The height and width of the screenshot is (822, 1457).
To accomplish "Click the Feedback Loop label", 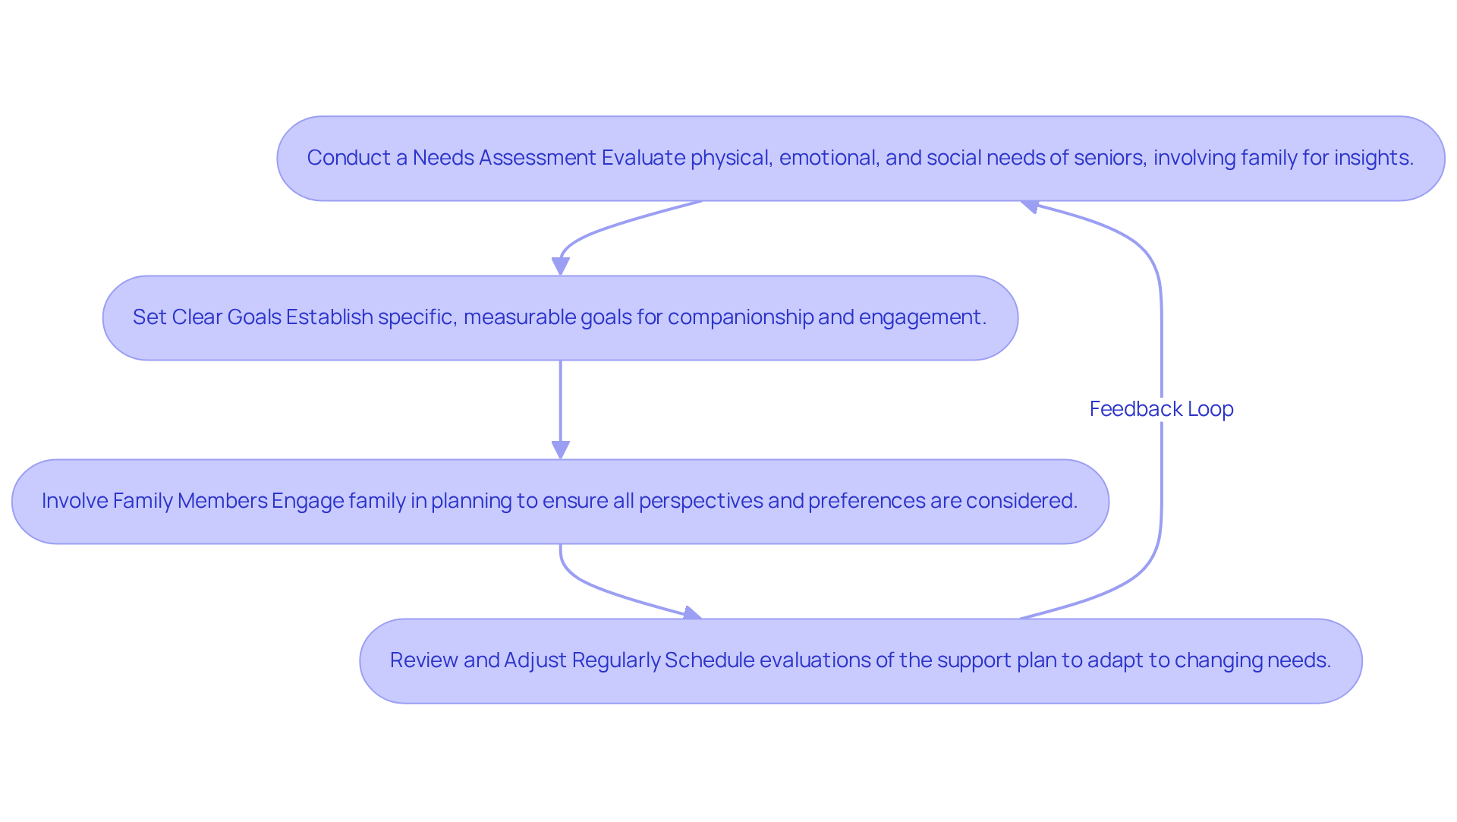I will tap(1161, 409).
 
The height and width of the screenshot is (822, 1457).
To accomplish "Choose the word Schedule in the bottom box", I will tap(710, 660).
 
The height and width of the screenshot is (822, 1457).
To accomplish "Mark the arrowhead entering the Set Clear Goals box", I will tap(561, 266).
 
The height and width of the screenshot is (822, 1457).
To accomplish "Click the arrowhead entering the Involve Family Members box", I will tap(561, 450).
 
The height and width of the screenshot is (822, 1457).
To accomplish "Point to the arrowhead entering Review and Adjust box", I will tap(692, 613).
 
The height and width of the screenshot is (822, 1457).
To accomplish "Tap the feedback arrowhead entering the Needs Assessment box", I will tap(1031, 206).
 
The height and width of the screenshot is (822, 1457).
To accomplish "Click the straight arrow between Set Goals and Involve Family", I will tap(561, 402).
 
